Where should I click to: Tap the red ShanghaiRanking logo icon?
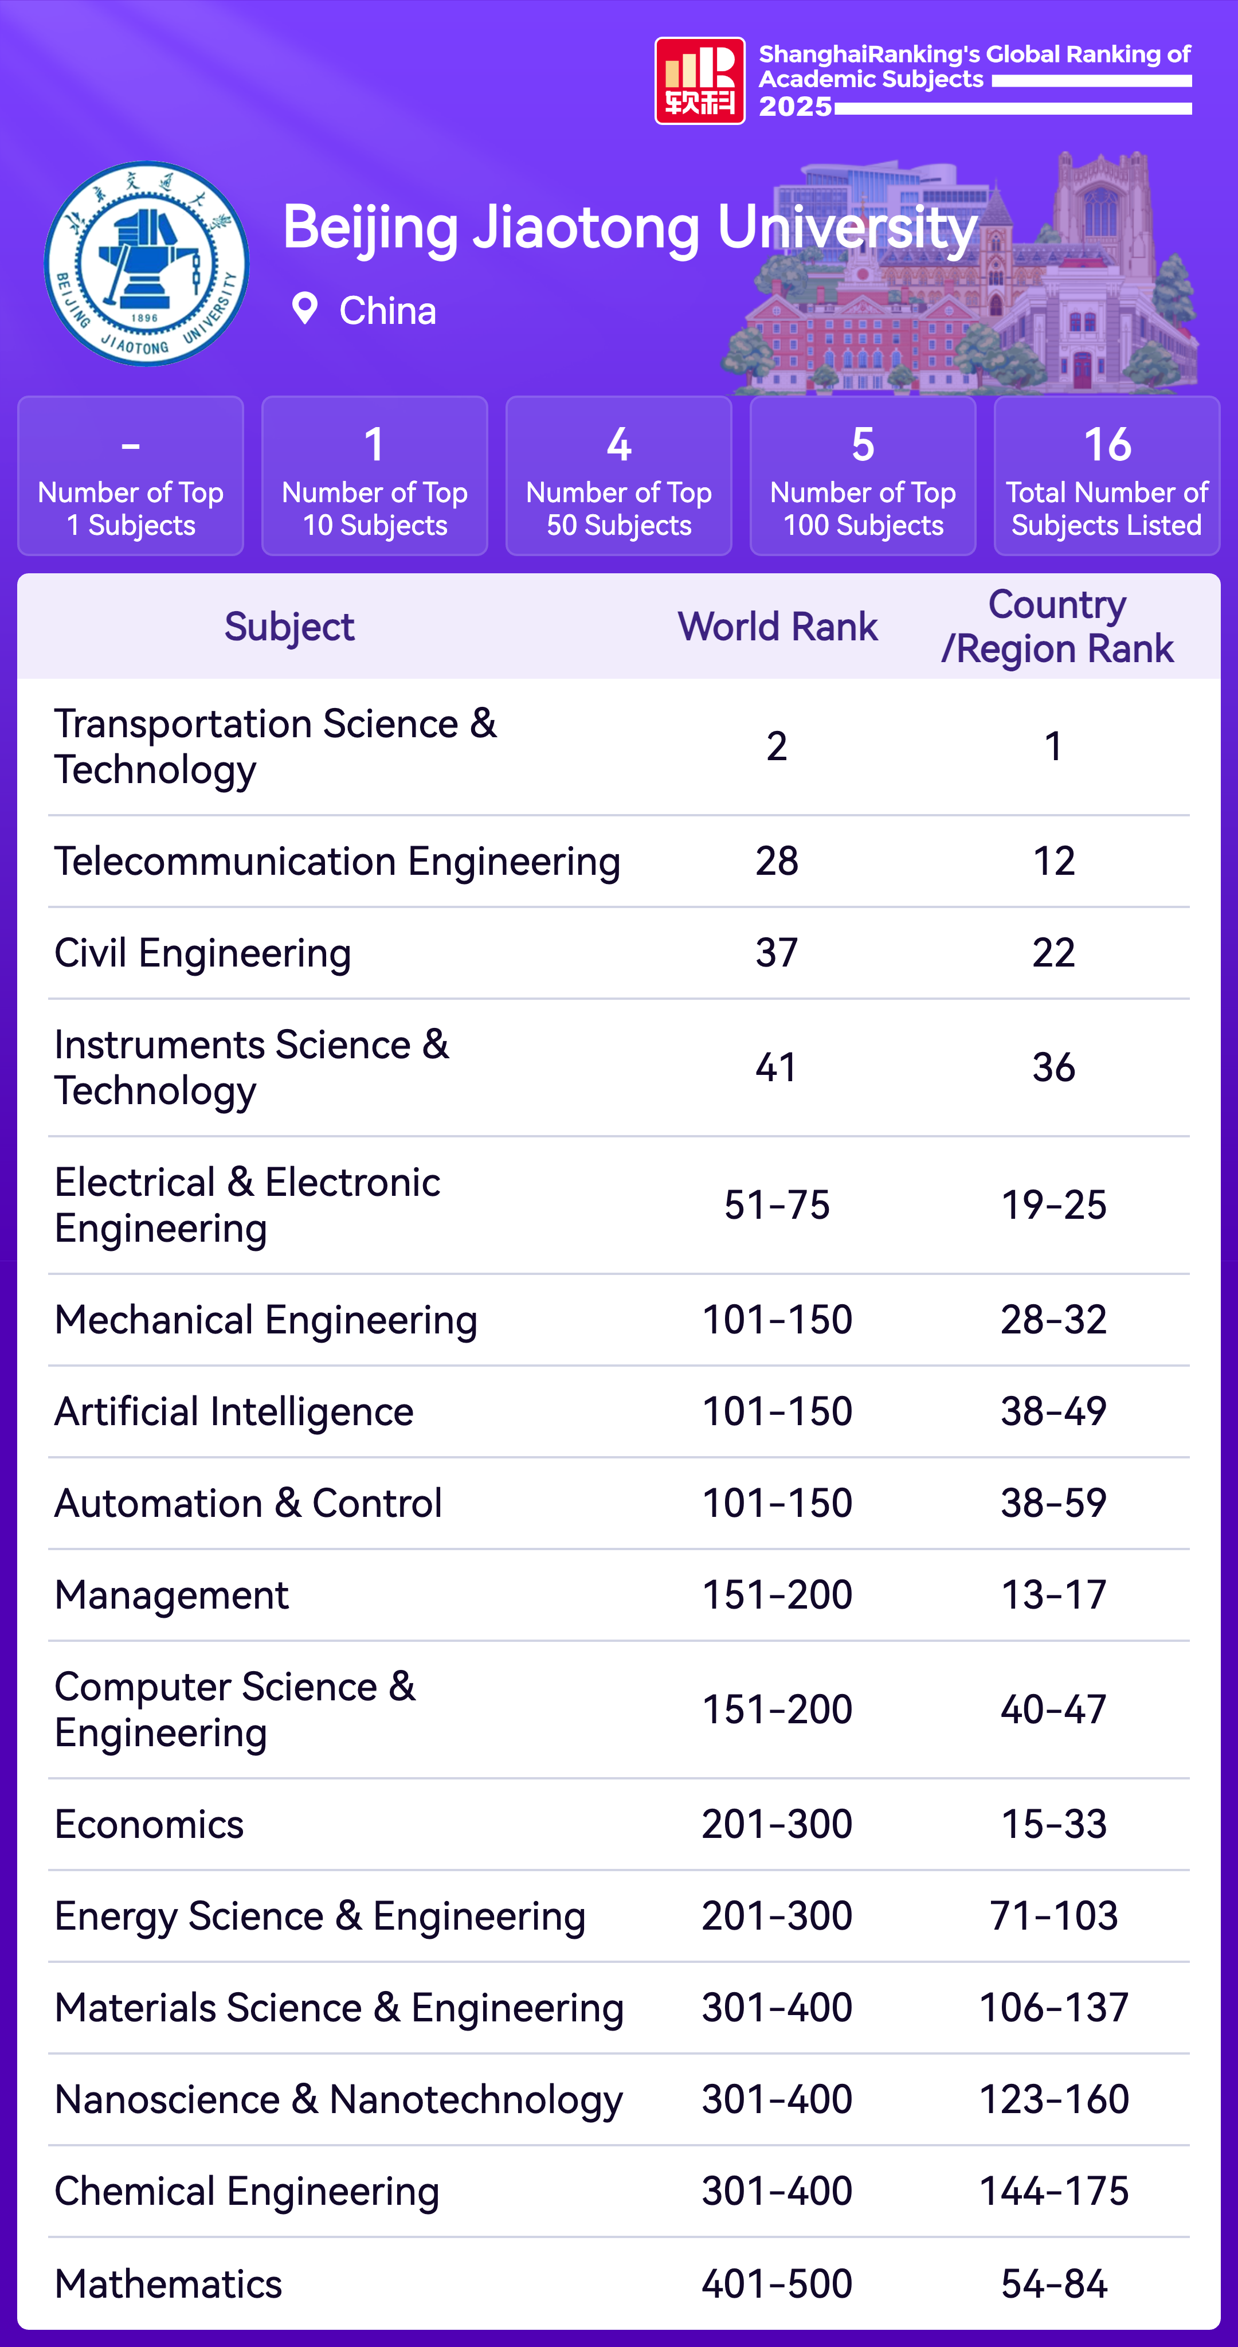coord(700,80)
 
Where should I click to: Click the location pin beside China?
coord(304,309)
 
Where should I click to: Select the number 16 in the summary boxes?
coord(1107,445)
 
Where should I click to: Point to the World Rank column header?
coord(777,627)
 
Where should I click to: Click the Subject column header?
coord(289,627)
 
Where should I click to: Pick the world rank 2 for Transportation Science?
coord(776,746)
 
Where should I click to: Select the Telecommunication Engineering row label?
coord(337,861)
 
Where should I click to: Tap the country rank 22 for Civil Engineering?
coord(1053,953)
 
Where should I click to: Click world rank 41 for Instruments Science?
coord(776,1067)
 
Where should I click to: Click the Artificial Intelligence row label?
coord(234,1411)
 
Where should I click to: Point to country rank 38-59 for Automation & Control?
coord(1053,1503)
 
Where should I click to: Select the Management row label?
coord(171,1594)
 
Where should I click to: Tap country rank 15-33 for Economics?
coord(1053,1824)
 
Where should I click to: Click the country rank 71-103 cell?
coord(1053,1915)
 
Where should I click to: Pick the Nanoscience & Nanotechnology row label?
coord(338,2099)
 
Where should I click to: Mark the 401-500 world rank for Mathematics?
coord(776,2283)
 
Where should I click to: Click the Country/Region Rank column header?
coord(1057,627)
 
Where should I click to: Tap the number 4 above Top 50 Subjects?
coord(618,445)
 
